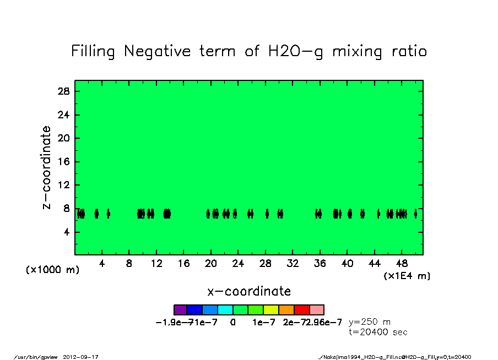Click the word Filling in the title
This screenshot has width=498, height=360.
93,52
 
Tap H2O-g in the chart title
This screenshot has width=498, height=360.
288,52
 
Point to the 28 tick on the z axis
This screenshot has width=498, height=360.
64,91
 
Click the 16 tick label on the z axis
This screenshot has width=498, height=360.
64,162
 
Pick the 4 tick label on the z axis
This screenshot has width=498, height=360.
67,232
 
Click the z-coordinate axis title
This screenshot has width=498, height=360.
47,168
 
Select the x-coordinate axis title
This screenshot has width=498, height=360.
249,291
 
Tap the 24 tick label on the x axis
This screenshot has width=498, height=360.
238,264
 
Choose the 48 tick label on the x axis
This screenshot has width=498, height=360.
402,264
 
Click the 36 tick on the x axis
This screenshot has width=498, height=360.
320,264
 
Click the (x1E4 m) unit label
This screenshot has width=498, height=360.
407,276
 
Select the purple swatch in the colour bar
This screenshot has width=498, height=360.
181,310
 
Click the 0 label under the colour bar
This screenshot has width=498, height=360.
233,322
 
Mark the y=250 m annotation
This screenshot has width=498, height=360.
370,322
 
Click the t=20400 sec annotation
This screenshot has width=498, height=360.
378,332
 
